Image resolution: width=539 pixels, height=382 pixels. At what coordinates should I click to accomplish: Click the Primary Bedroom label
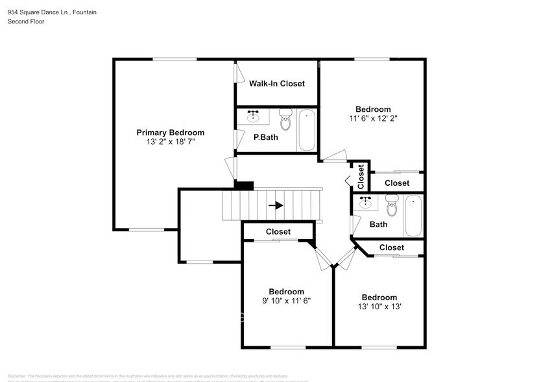pos(170,133)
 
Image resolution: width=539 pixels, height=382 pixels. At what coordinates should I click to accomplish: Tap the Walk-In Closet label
pos(277,84)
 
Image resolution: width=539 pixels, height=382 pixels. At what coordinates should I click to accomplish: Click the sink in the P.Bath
pos(254,118)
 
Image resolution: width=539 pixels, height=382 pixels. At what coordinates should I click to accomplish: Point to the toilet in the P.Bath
pos(285,120)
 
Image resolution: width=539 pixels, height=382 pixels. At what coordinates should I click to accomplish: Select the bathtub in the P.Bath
pos(307,130)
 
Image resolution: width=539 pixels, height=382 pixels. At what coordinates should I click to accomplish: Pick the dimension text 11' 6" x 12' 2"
pos(373,119)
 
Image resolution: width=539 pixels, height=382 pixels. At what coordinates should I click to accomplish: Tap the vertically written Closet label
pos(361,176)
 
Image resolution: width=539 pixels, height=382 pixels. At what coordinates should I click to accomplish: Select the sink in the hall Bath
pos(365,203)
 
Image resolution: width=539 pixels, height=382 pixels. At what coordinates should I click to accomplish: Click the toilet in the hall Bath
pos(391,207)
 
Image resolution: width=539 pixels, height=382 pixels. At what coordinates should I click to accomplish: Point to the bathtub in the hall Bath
pos(413,216)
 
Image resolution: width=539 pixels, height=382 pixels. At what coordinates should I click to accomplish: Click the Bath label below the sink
pos(378,224)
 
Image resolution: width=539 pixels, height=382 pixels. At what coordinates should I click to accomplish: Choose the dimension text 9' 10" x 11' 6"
pos(286,301)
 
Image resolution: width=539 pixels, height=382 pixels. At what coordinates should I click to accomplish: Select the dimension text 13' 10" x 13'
pos(379,307)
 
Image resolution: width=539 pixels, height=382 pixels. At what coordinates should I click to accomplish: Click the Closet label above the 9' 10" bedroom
pos(278,232)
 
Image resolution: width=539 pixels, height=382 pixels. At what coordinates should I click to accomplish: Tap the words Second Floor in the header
pos(26,21)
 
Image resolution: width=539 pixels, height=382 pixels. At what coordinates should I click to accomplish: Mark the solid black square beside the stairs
pos(243,185)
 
